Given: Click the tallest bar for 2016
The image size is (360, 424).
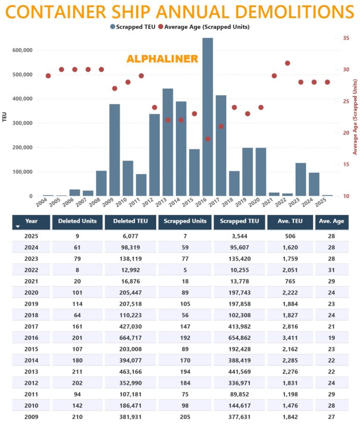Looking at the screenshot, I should (208, 117).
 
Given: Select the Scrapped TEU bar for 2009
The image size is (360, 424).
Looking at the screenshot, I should (114, 150).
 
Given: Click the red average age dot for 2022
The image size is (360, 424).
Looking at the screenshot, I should (287, 63).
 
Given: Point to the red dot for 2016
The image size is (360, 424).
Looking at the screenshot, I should (208, 139).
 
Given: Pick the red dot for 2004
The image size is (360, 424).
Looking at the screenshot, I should (48, 76).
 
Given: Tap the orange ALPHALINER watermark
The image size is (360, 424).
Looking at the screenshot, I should (162, 59).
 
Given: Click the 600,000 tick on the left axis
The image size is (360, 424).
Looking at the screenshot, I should (22, 50).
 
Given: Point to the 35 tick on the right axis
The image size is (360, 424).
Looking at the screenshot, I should (346, 38).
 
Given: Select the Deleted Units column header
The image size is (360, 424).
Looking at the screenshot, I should (77, 221).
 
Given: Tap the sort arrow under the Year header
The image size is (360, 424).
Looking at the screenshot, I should (18, 227).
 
